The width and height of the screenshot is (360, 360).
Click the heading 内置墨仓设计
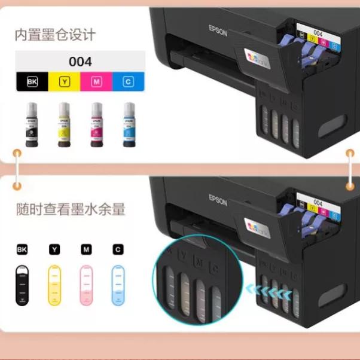click(55, 35)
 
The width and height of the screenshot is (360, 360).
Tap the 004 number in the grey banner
click(80, 61)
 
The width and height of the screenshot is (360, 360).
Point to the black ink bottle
click(32, 125)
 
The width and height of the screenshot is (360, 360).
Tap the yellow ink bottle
click(64, 125)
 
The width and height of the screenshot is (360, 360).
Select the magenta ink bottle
click(96, 125)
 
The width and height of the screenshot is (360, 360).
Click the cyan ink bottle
click(129, 125)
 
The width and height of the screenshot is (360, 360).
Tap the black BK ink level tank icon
click(23, 285)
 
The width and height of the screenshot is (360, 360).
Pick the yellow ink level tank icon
click(55, 285)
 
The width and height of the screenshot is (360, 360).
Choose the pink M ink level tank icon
click(87, 285)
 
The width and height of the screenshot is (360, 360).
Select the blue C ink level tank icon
click(118, 285)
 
